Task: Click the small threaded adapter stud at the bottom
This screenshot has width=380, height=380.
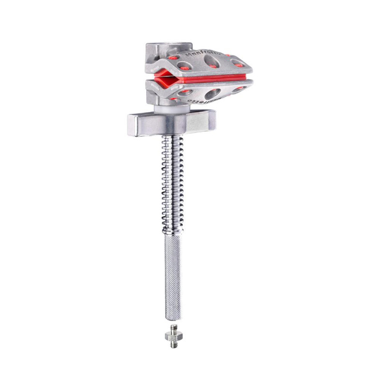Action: coord(172,336)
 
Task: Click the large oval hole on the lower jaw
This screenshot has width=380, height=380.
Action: coord(212,93)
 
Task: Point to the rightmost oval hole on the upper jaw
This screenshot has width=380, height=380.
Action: coord(237,63)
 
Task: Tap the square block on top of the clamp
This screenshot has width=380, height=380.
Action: coord(168,50)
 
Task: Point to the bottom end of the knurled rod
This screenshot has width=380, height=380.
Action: coord(172,317)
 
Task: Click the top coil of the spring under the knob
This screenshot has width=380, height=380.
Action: coord(172,139)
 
